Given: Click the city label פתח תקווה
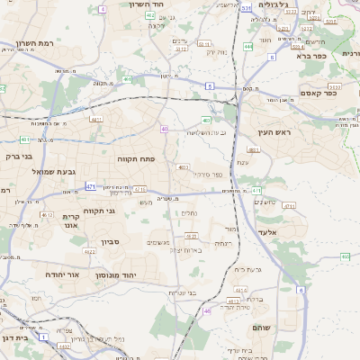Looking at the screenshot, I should [x=136, y=158].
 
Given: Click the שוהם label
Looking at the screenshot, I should [x=262, y=328].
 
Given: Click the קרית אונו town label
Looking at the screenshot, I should [x=72, y=222].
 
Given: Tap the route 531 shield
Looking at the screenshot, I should [x=246, y=7].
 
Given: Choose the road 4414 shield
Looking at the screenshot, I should [x=238, y=289].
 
